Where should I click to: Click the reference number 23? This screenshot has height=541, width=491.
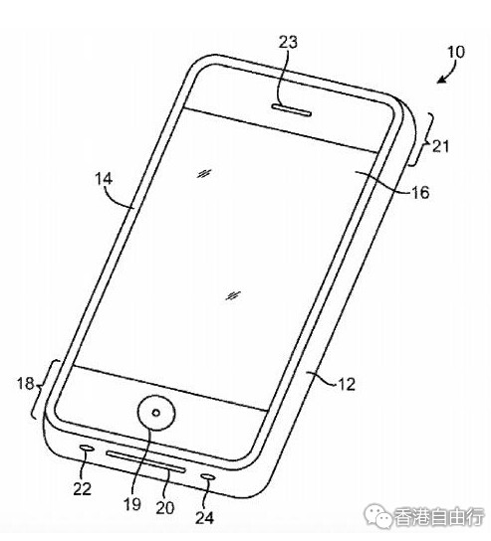pyautogui.click(x=288, y=42)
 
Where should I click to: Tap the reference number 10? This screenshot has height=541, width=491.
pyautogui.click(x=456, y=52)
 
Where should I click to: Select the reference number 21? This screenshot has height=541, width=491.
pyautogui.click(x=441, y=146)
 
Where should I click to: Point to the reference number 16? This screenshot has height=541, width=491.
pyautogui.click(x=420, y=192)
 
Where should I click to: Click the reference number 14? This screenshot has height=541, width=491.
pyautogui.click(x=104, y=179)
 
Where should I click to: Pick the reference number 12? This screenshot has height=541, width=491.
pyautogui.click(x=347, y=384)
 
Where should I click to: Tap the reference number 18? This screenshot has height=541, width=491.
pyautogui.click(x=26, y=383)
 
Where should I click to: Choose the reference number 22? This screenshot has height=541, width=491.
pyautogui.click(x=83, y=488)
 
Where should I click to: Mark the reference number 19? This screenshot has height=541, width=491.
pyautogui.click(x=132, y=504)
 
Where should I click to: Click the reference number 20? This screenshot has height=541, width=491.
pyautogui.click(x=165, y=508)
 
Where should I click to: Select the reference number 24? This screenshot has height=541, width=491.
pyautogui.click(x=205, y=517)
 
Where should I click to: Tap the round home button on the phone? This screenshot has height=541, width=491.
pyautogui.click(x=156, y=413)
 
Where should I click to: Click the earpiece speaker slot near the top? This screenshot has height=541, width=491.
pyautogui.click(x=292, y=110)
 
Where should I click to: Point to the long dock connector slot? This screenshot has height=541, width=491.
pyautogui.click(x=145, y=460)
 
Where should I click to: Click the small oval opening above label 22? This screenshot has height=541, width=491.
pyautogui.click(x=87, y=448)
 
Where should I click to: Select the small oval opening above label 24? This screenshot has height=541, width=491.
pyautogui.click(x=209, y=476)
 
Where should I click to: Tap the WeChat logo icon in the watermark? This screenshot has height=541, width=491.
pyautogui.click(x=379, y=516)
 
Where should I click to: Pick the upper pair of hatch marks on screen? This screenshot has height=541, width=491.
pyautogui.click(x=204, y=174)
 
